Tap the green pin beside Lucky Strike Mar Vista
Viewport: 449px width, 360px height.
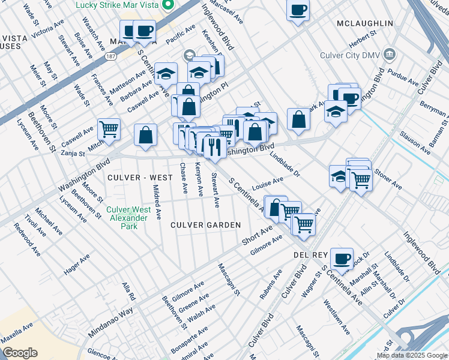click(169, 5)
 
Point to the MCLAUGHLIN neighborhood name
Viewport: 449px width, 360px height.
click(365, 23)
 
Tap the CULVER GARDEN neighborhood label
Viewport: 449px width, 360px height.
click(205, 225)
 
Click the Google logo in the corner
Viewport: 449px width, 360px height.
click(20, 353)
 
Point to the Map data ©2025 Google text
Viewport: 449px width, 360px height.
click(412, 356)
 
